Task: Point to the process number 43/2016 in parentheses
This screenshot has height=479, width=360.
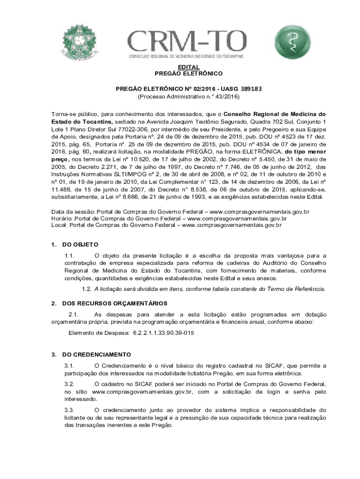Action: [226, 96]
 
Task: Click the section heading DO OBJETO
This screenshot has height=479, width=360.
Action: [80, 244]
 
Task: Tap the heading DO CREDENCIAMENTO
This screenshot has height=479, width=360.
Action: [96, 354]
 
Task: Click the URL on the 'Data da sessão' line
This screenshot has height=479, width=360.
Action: [260, 212]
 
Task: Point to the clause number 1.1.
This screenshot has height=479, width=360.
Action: [70, 255]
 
